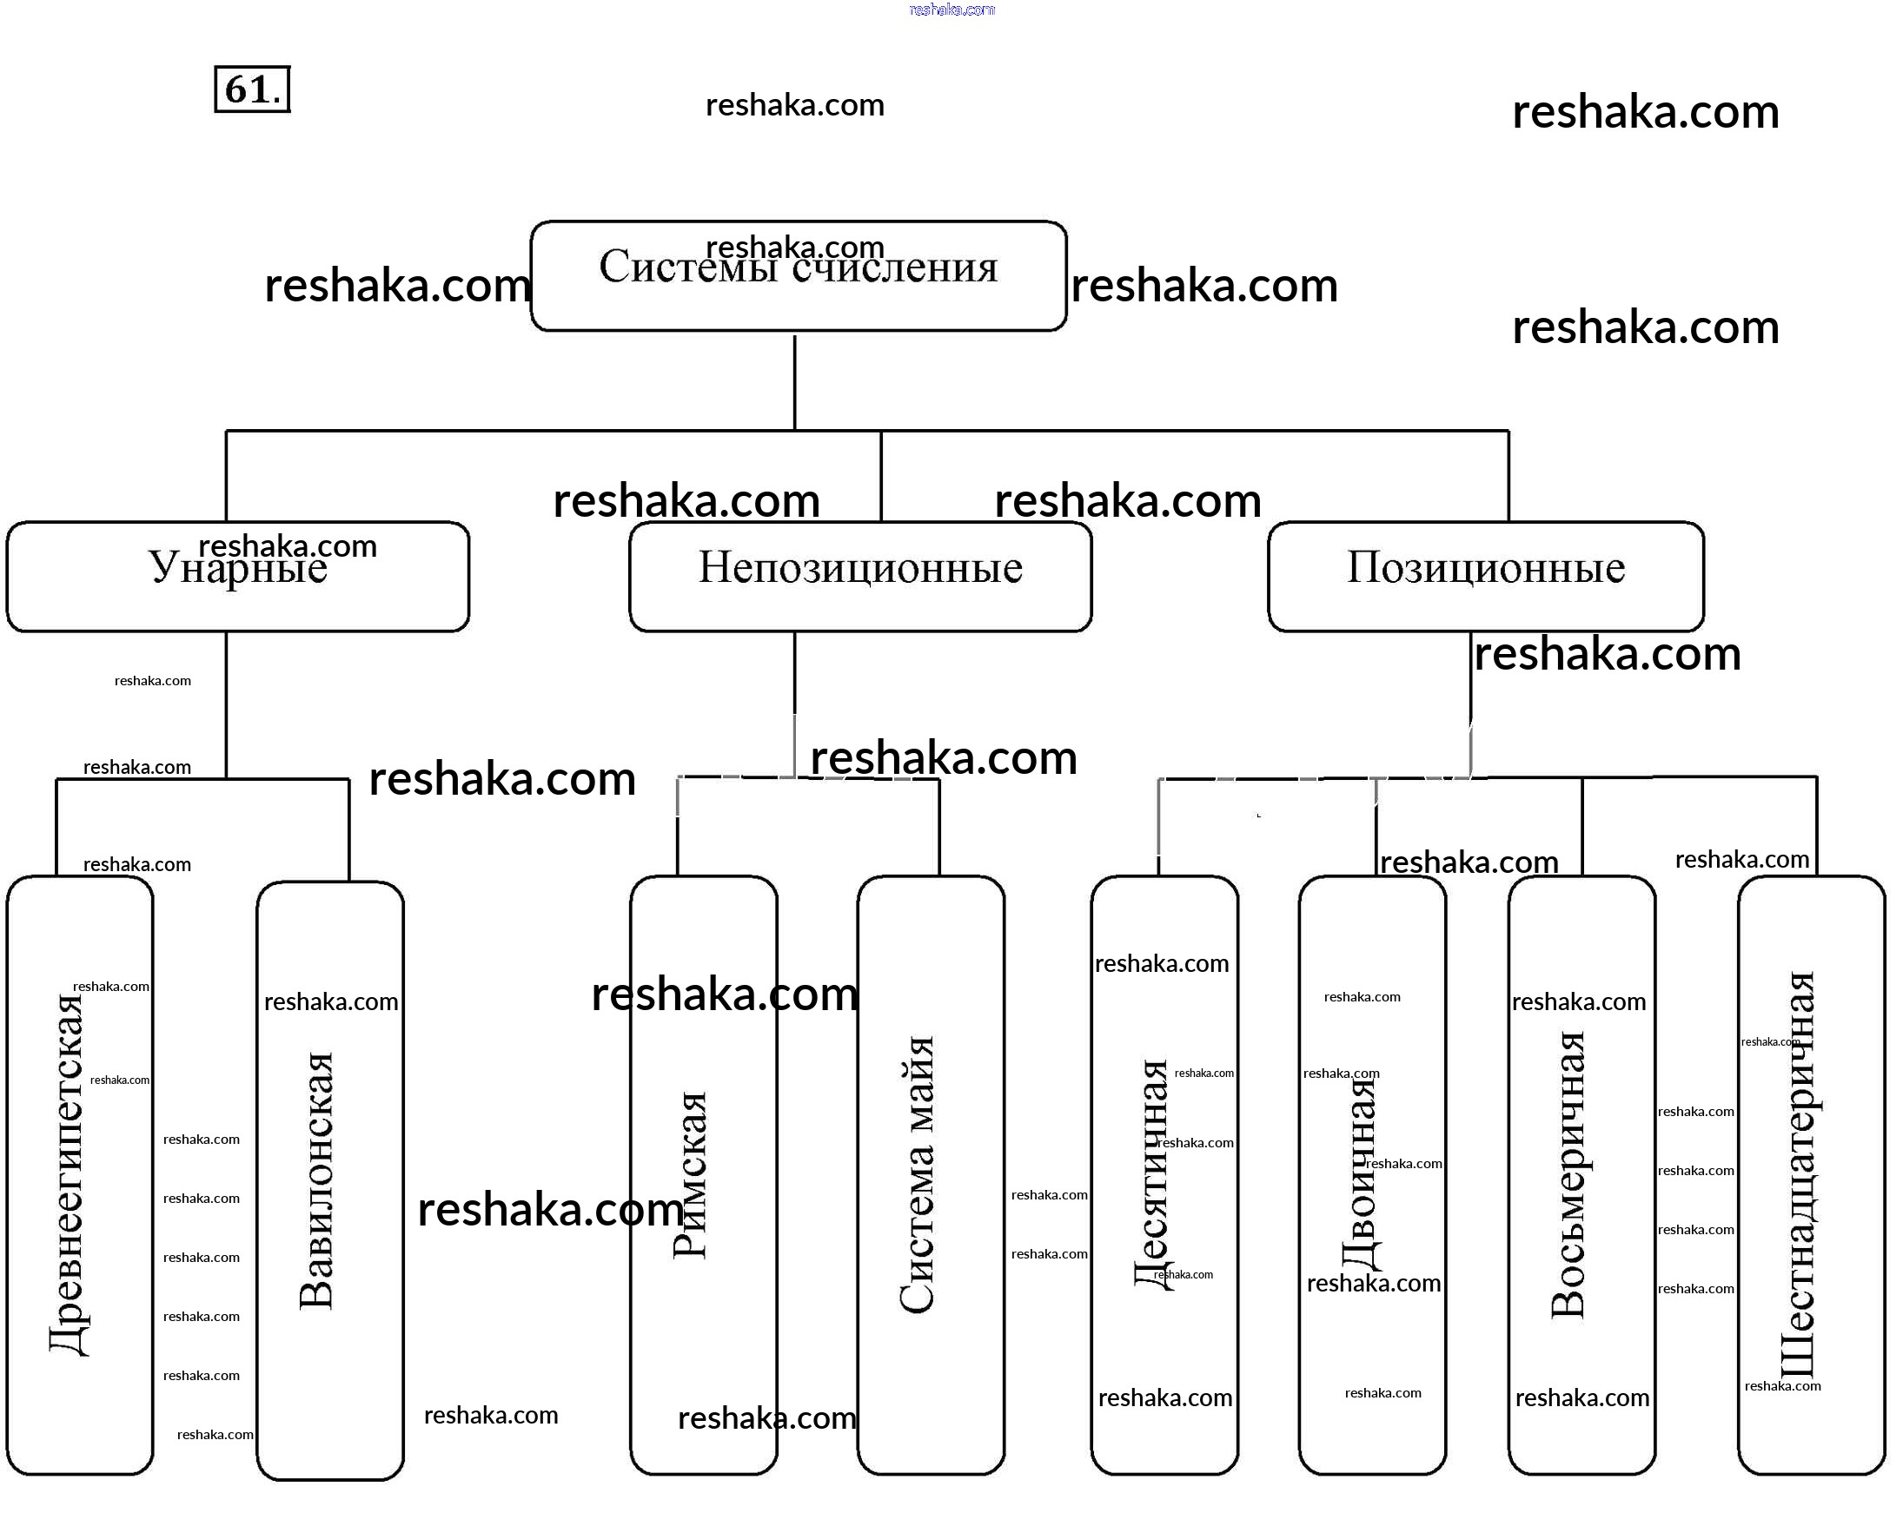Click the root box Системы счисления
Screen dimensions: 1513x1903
click(798, 276)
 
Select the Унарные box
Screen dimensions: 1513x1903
click(237, 576)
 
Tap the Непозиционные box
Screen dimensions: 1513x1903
click(859, 576)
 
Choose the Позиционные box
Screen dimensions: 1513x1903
click(1485, 576)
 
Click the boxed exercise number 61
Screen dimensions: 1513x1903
click(253, 89)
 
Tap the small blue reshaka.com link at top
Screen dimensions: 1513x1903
click(951, 10)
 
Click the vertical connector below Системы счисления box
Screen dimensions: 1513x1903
click(794, 381)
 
